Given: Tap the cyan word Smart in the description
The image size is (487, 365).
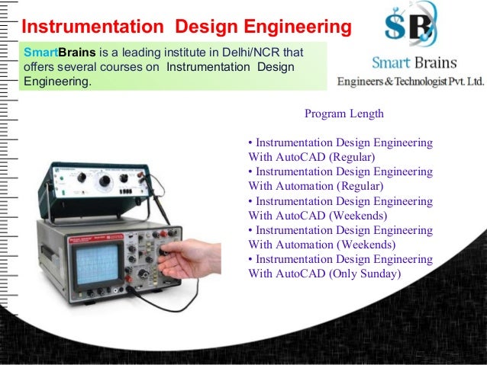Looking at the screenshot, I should (x=37, y=53).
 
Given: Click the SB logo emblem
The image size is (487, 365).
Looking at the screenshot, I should (x=411, y=27).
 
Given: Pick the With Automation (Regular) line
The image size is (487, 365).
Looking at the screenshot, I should (x=316, y=186).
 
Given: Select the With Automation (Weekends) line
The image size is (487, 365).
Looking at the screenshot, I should (x=321, y=245).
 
